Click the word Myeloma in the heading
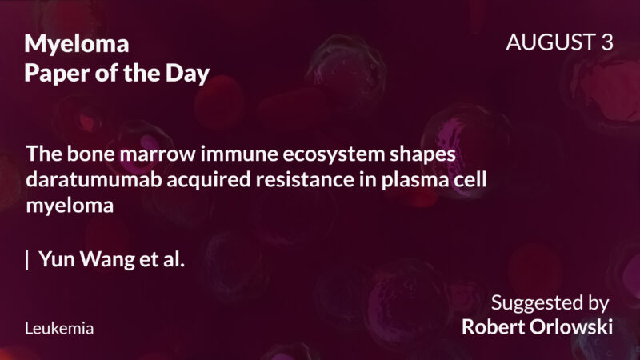(76, 45)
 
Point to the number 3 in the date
(606, 43)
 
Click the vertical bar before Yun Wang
(28, 260)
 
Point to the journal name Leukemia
(59, 328)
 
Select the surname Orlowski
(574, 327)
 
